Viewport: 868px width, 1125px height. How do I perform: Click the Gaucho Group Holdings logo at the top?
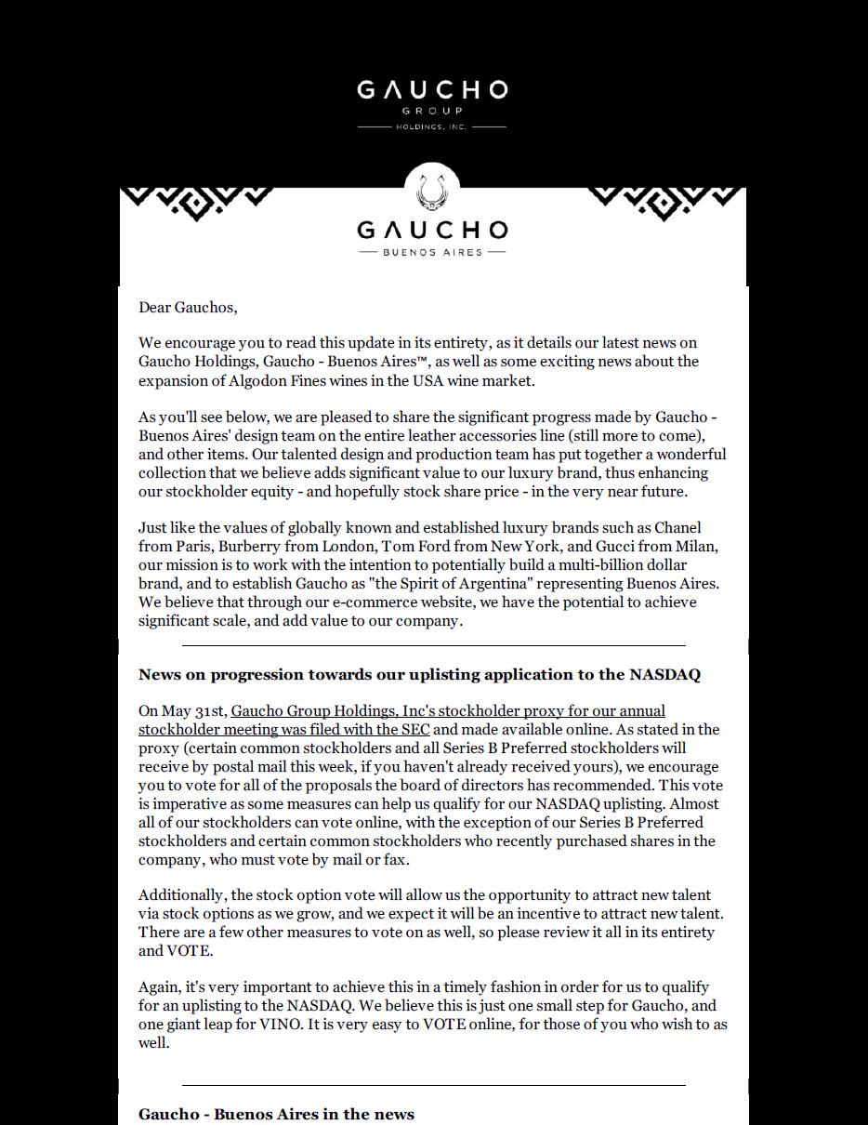[x=432, y=103]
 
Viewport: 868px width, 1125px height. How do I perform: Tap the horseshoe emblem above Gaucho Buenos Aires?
[x=432, y=192]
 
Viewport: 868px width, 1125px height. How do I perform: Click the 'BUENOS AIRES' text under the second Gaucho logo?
[x=432, y=252]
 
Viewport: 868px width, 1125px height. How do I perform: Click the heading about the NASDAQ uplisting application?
[x=419, y=674]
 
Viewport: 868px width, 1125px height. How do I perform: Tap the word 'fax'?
[x=395, y=860]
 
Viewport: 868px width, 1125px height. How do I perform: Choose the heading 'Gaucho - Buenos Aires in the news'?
[x=276, y=1114]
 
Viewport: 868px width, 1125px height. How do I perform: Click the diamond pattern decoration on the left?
[x=196, y=203]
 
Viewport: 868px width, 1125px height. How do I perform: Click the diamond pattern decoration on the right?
[x=665, y=203]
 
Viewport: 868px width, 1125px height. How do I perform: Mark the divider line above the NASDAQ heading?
[x=433, y=644]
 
